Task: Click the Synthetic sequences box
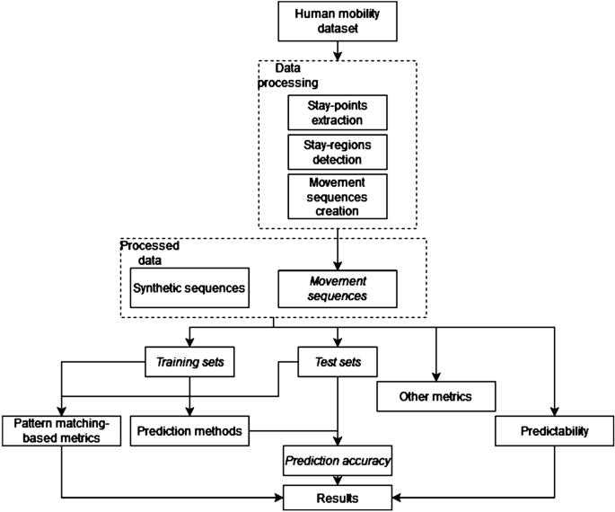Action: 189,288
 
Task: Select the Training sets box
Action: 191,363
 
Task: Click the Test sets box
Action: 337,363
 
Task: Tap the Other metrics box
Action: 435,396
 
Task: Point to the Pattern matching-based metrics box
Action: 60,430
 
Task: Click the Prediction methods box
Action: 190,430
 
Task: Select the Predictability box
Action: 553,431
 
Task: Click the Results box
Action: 336,495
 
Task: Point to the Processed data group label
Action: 151,252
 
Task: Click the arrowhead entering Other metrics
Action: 435,377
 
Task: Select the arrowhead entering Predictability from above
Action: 553,411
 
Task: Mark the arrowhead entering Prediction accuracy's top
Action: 337,442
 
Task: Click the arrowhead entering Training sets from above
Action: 191,345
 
